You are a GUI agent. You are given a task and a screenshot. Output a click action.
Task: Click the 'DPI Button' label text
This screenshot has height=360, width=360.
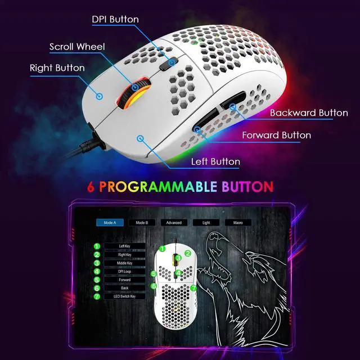coord(115,20)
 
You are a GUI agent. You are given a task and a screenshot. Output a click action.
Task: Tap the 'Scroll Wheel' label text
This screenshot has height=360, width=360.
coord(77,47)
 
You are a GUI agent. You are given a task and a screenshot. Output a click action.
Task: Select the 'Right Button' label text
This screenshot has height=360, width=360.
coord(57,68)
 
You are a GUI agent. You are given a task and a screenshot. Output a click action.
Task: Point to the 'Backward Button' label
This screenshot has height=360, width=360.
coord(309,112)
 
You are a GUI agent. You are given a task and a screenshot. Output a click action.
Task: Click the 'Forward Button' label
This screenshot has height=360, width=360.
coord(276,135)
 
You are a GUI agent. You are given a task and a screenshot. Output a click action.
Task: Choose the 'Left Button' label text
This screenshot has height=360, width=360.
coord(215,161)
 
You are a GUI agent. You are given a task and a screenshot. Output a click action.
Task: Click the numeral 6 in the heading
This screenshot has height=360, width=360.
coord(91,187)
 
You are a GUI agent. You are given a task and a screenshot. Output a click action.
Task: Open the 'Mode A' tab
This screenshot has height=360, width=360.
coord(109,222)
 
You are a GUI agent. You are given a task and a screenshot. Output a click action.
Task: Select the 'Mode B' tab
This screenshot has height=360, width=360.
coord(142,222)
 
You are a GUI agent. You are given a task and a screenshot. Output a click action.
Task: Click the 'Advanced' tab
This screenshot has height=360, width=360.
coord(174,222)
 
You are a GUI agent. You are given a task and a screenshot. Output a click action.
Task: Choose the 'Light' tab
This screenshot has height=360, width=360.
coord(206,222)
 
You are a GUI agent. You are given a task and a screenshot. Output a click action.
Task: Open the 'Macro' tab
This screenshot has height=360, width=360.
coord(238,222)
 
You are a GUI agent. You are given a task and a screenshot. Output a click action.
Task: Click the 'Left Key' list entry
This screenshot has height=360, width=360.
coord(125,246)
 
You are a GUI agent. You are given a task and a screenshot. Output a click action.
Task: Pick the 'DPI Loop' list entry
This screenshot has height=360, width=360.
coord(125,271)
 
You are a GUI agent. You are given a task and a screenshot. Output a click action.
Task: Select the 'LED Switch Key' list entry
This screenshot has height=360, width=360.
coord(125,296)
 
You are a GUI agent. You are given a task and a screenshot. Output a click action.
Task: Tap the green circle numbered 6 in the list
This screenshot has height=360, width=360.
coord(97,288)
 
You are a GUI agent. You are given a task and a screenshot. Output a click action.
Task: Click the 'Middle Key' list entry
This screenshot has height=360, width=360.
coord(125,263)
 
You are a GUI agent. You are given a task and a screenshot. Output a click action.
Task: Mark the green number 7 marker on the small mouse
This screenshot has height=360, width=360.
coord(193,287)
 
